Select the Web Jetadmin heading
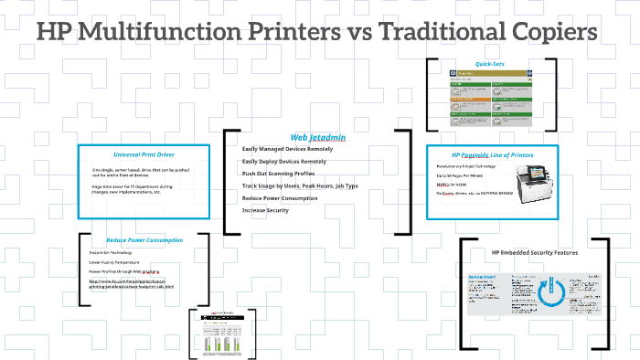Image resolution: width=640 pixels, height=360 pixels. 317,137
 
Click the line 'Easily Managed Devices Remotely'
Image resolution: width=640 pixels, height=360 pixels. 287,148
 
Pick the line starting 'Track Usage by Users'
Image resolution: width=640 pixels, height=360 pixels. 300,185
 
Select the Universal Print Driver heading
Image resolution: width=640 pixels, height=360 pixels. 147,154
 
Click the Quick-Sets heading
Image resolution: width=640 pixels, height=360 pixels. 490,63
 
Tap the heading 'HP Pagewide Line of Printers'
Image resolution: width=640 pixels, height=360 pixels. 492,155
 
